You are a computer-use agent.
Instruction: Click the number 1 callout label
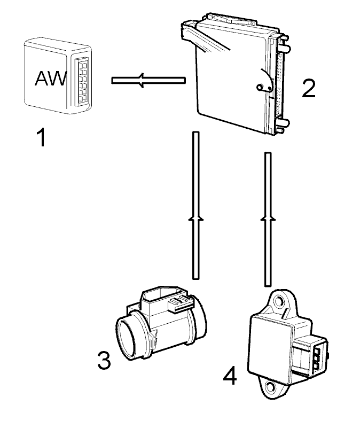(x=42, y=137)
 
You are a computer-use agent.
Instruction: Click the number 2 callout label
(x=308, y=89)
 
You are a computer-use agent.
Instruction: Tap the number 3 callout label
(x=104, y=361)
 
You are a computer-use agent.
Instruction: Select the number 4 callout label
(x=230, y=376)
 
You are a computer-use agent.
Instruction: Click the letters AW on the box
(x=51, y=78)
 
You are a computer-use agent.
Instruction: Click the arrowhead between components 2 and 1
(x=142, y=80)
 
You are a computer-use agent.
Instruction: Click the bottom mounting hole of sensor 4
(x=270, y=387)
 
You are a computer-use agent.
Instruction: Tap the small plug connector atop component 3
(x=181, y=303)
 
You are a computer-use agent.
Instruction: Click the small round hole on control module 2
(x=260, y=87)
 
